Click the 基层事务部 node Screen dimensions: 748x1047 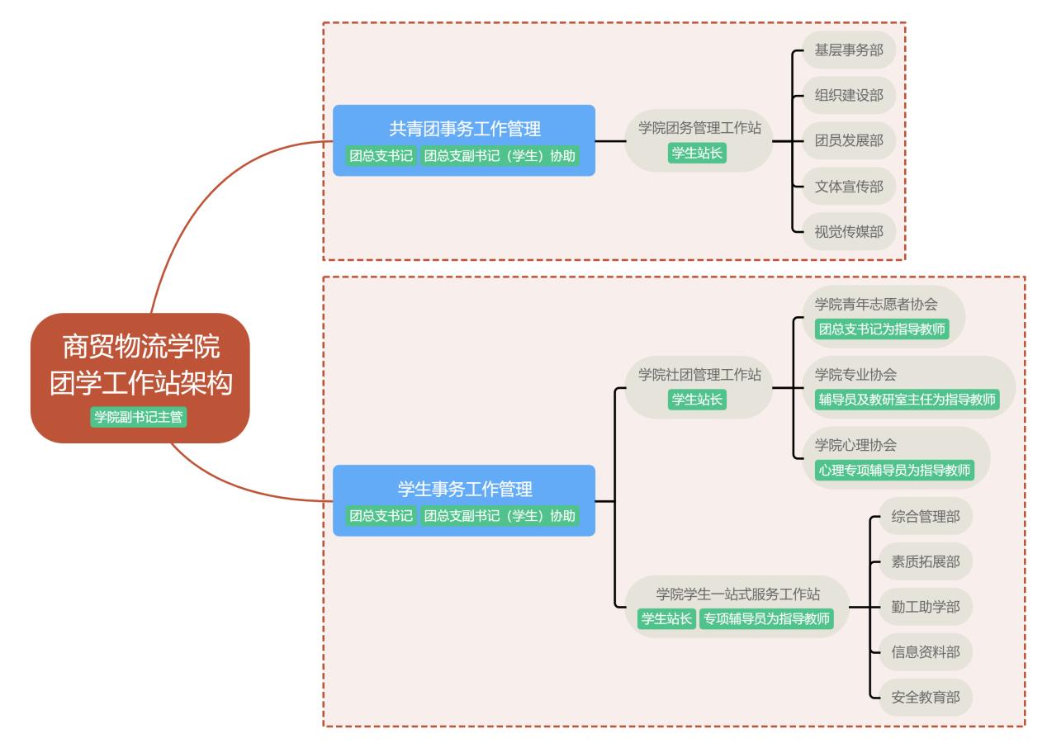pos(849,50)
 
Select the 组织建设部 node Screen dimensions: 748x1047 pos(849,96)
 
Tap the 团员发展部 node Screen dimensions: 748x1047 pos(849,141)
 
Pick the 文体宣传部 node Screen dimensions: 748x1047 pos(849,187)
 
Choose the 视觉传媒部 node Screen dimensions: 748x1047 pos(849,232)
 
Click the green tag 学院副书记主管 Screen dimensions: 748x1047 pos(140,417)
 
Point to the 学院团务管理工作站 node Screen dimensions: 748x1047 pos(699,128)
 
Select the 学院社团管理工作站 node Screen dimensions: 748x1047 pos(699,375)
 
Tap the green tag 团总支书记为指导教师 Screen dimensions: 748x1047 pos(881,329)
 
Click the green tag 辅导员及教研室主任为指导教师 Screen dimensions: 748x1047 pos(907,400)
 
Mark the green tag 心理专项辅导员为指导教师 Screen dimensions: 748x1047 pos(894,470)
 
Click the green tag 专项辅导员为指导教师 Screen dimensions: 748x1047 pos(765,618)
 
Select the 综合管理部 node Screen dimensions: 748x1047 pos(926,517)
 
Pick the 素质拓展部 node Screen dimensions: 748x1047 pos(926,562)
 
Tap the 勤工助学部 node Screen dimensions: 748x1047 pos(926,608)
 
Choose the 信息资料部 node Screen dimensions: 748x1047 pos(926,652)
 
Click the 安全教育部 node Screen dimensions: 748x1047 pos(926,697)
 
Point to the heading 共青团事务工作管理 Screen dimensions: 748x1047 pos(464,129)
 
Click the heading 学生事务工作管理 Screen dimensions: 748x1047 pos(464,489)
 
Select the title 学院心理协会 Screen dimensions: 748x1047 pos(855,445)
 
